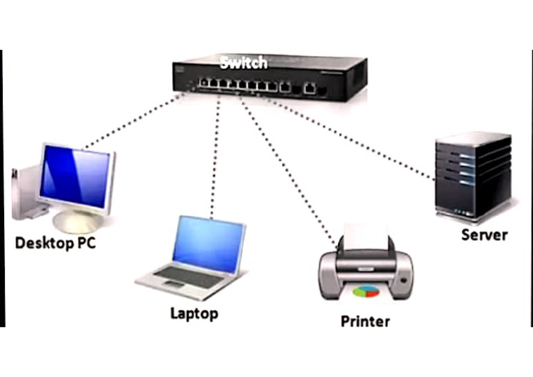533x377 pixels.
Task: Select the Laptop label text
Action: point(194,313)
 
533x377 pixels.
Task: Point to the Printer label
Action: point(365,321)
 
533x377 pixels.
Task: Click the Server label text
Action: point(484,234)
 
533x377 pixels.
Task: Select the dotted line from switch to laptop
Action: point(217,153)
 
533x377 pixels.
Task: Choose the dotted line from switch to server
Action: point(354,136)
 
